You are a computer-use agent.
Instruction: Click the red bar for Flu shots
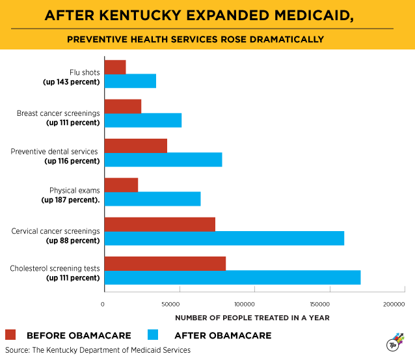pos(114,66)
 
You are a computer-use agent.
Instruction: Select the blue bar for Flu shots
pos(130,81)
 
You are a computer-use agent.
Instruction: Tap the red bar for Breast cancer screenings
pos(122,106)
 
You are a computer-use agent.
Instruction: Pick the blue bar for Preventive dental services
pos(163,159)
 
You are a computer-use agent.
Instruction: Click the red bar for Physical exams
pos(121,185)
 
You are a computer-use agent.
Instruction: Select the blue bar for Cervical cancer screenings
pos(224,238)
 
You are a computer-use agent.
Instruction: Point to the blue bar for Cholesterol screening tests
pos(232,277)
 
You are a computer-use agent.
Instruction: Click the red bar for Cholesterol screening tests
pos(165,263)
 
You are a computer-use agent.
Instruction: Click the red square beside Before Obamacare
pos(10,335)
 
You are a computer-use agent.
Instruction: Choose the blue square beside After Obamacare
pos(154,335)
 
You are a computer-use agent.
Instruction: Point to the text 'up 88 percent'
pos(73,240)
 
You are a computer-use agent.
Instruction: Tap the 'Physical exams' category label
pos(75,191)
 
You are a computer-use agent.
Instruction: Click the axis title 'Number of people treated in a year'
pos(252,318)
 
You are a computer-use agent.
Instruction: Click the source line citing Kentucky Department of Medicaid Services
pos(98,350)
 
